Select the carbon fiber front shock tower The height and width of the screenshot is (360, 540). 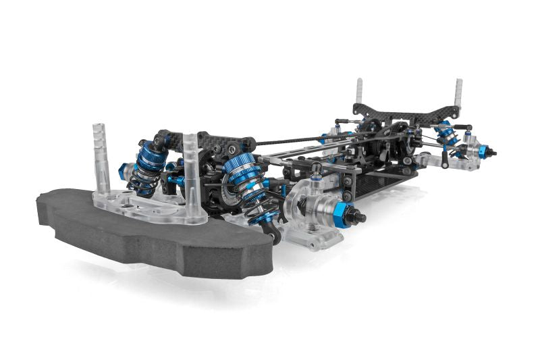pyautogui.click(x=209, y=142)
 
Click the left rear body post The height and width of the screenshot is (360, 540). pyautogui.click(x=358, y=95)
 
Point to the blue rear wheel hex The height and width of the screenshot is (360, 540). pyautogui.click(x=483, y=152)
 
